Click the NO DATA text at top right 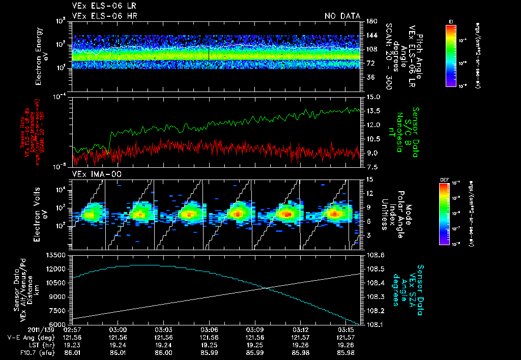[342, 16]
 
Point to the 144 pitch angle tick [369, 35]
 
